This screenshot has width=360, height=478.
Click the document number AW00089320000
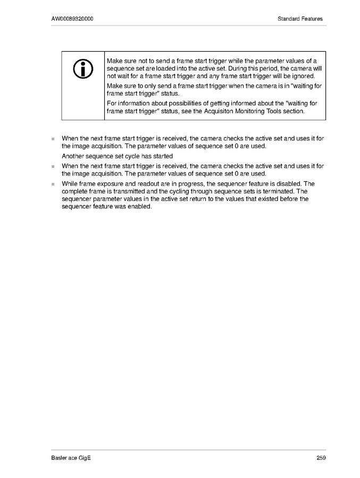click(x=73, y=19)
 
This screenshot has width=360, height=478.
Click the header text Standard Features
click(x=300, y=19)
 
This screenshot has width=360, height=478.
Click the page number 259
click(x=321, y=458)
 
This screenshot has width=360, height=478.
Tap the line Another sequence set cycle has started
click(x=117, y=156)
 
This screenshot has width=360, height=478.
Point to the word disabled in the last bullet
click(x=286, y=183)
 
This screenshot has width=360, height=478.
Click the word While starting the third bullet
click(x=71, y=183)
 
